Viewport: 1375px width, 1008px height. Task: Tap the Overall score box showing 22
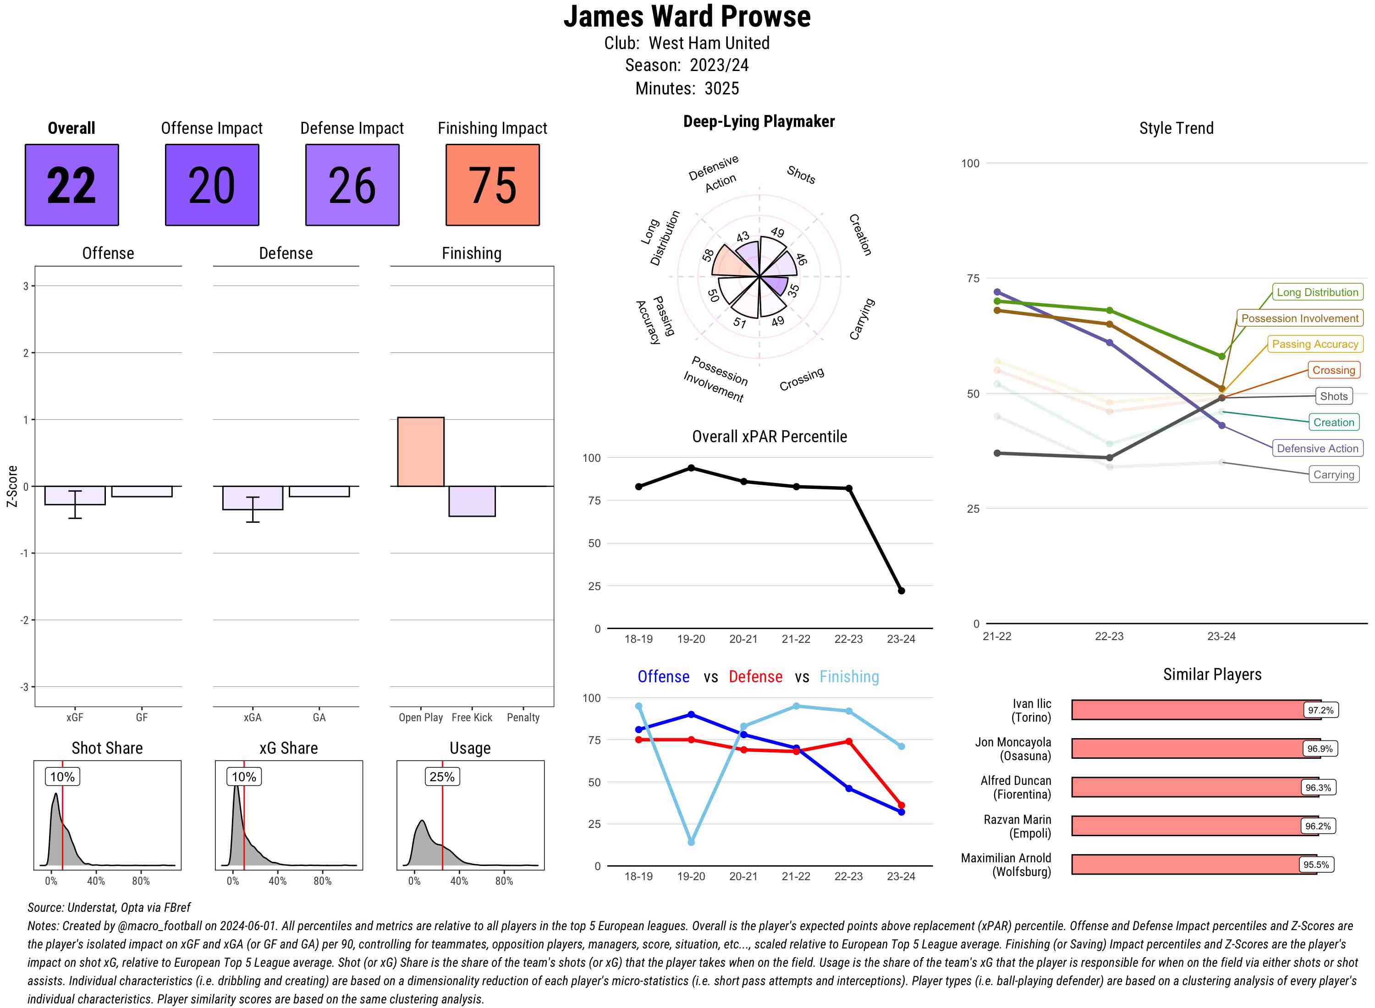71,185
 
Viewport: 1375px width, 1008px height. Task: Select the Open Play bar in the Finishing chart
420,451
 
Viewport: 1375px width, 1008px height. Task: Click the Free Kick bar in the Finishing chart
472,501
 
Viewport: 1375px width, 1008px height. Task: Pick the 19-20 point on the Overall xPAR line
691,468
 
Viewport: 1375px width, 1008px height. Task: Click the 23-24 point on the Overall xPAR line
901,591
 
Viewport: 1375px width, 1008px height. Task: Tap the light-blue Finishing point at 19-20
691,842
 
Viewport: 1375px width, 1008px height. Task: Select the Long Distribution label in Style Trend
1317,292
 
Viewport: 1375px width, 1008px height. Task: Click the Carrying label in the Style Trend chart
1333,475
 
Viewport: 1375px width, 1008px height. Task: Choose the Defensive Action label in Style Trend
1317,449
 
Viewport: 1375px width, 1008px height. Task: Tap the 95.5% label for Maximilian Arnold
1316,865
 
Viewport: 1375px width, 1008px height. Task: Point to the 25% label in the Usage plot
442,777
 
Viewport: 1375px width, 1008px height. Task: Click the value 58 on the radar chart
708,255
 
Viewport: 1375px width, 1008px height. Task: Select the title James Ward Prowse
687,16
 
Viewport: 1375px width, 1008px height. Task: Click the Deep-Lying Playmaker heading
759,121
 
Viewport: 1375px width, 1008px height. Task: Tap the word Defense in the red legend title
755,677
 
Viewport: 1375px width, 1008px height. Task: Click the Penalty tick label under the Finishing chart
523,718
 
